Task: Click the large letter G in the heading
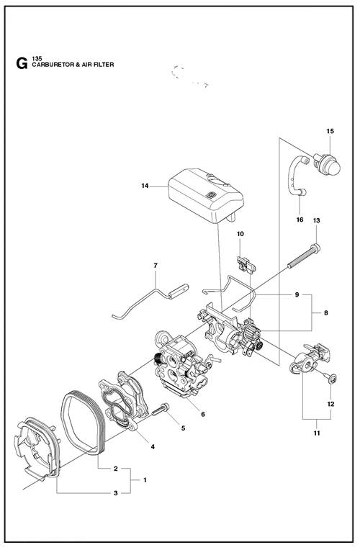(22, 63)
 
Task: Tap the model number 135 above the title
(37, 58)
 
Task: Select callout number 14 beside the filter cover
(145, 186)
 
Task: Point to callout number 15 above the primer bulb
(330, 131)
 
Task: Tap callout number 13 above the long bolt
(317, 220)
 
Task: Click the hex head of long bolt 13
(317, 248)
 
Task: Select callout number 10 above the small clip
(240, 234)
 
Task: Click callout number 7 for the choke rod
(156, 266)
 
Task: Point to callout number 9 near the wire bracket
(297, 294)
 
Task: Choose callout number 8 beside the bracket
(326, 312)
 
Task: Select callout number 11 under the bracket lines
(317, 433)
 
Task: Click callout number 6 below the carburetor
(203, 414)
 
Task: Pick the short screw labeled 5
(161, 410)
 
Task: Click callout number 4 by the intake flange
(153, 446)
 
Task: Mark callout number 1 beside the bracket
(145, 480)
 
